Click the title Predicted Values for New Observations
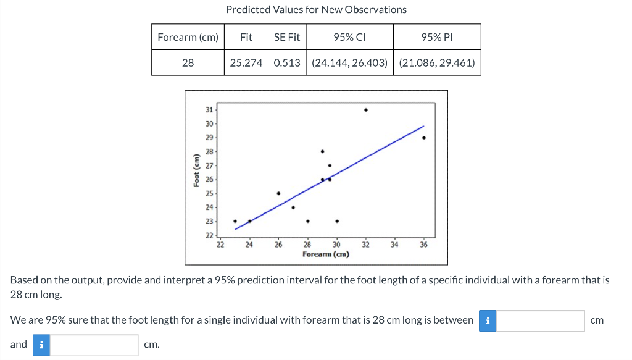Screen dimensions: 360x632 (x=316, y=10)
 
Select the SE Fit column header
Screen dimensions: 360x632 (x=286, y=37)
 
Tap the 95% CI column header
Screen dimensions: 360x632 (x=349, y=37)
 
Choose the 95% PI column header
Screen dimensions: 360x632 (x=437, y=37)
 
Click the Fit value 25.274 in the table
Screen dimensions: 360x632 (x=246, y=62)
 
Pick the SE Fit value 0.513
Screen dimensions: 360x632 (x=286, y=62)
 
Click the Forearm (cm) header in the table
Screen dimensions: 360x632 (x=188, y=37)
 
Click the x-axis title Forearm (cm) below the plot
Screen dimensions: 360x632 (x=325, y=254)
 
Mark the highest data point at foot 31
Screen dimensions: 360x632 (x=366, y=110)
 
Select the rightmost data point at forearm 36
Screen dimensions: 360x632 (x=424, y=138)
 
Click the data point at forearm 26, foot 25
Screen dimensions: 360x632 (x=278, y=193)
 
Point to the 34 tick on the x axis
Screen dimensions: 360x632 (x=395, y=245)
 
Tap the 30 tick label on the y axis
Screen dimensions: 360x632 (x=208, y=124)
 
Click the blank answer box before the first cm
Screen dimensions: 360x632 (x=541, y=320)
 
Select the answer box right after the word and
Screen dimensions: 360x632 (x=94, y=345)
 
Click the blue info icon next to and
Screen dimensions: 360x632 (x=40, y=345)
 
